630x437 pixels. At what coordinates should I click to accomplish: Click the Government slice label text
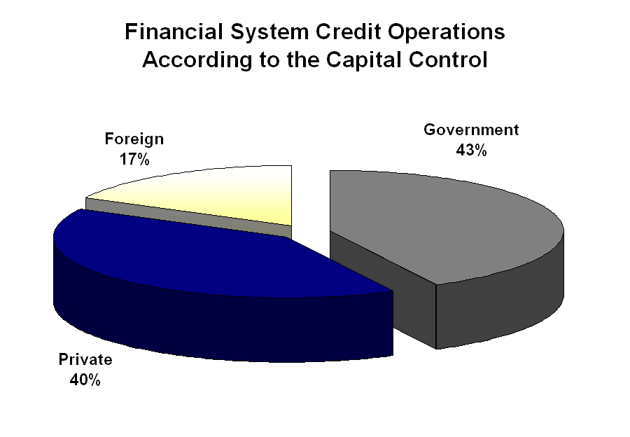click(x=471, y=130)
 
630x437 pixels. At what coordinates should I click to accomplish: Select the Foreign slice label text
click(x=134, y=139)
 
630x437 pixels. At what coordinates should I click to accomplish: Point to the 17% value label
click(x=134, y=159)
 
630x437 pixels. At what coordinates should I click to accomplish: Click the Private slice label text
click(x=85, y=361)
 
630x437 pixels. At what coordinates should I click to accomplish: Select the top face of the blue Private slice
click(x=210, y=259)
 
